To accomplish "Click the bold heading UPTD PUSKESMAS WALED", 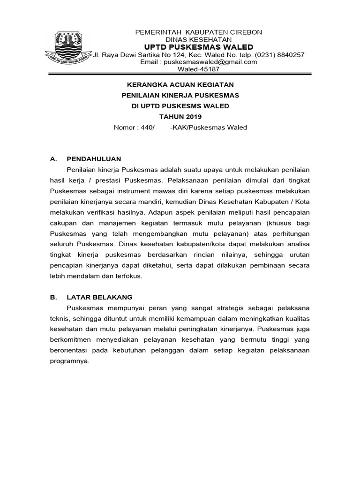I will (198, 47).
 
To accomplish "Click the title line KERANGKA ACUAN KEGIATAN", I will (180, 84).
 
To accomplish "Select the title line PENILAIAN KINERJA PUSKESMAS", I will (180, 95).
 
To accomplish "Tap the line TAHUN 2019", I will (180, 116).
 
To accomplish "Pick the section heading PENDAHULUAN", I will (94, 158).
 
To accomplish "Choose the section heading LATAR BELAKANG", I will (99, 297).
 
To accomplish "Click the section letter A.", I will (52, 158).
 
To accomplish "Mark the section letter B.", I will (52, 297).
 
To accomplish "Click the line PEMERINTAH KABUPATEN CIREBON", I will (199, 32).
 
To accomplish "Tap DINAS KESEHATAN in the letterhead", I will (199, 39).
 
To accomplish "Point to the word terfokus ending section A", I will (128, 276).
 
